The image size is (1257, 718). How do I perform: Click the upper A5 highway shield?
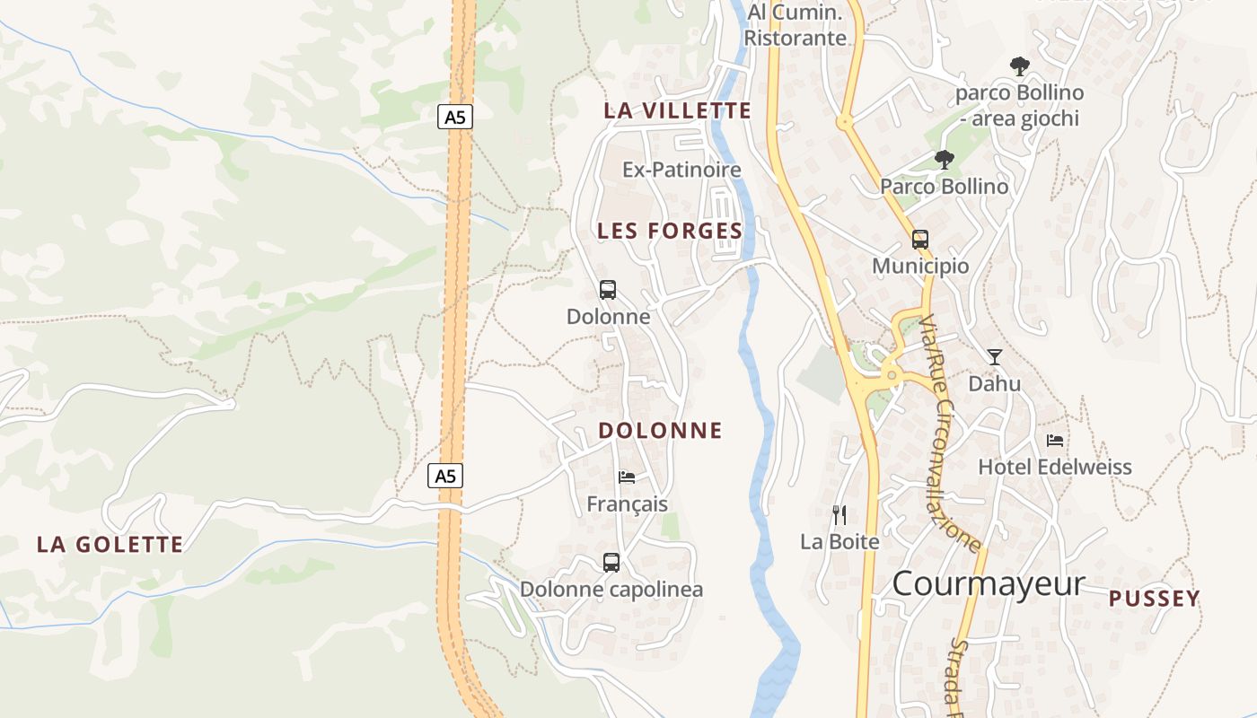click(x=455, y=117)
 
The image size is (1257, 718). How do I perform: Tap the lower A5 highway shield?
click(x=445, y=476)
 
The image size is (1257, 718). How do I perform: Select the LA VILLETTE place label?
click(x=677, y=110)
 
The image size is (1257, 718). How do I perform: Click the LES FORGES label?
click(x=670, y=231)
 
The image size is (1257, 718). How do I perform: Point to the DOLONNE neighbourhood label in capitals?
click(x=660, y=431)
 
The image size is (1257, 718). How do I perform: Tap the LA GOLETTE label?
click(x=110, y=545)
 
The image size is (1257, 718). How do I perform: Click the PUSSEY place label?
click(x=1154, y=599)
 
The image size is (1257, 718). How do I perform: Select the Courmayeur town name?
click(x=989, y=583)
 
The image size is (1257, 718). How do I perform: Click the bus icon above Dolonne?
click(x=608, y=290)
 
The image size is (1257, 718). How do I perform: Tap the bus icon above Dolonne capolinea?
click(x=611, y=563)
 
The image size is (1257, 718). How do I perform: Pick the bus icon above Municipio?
click(x=920, y=240)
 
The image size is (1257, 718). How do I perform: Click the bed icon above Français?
click(x=627, y=477)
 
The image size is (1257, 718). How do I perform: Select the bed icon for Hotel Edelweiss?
click(x=1055, y=441)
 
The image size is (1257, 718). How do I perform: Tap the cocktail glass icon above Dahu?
click(x=994, y=356)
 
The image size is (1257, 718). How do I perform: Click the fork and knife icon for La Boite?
click(x=839, y=515)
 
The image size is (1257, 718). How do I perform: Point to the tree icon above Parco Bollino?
click(x=944, y=160)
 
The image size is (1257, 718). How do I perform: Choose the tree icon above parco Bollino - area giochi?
click(x=1019, y=66)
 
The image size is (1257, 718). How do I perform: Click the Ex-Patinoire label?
click(x=682, y=170)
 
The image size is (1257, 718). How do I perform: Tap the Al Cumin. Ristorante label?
click(x=796, y=25)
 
